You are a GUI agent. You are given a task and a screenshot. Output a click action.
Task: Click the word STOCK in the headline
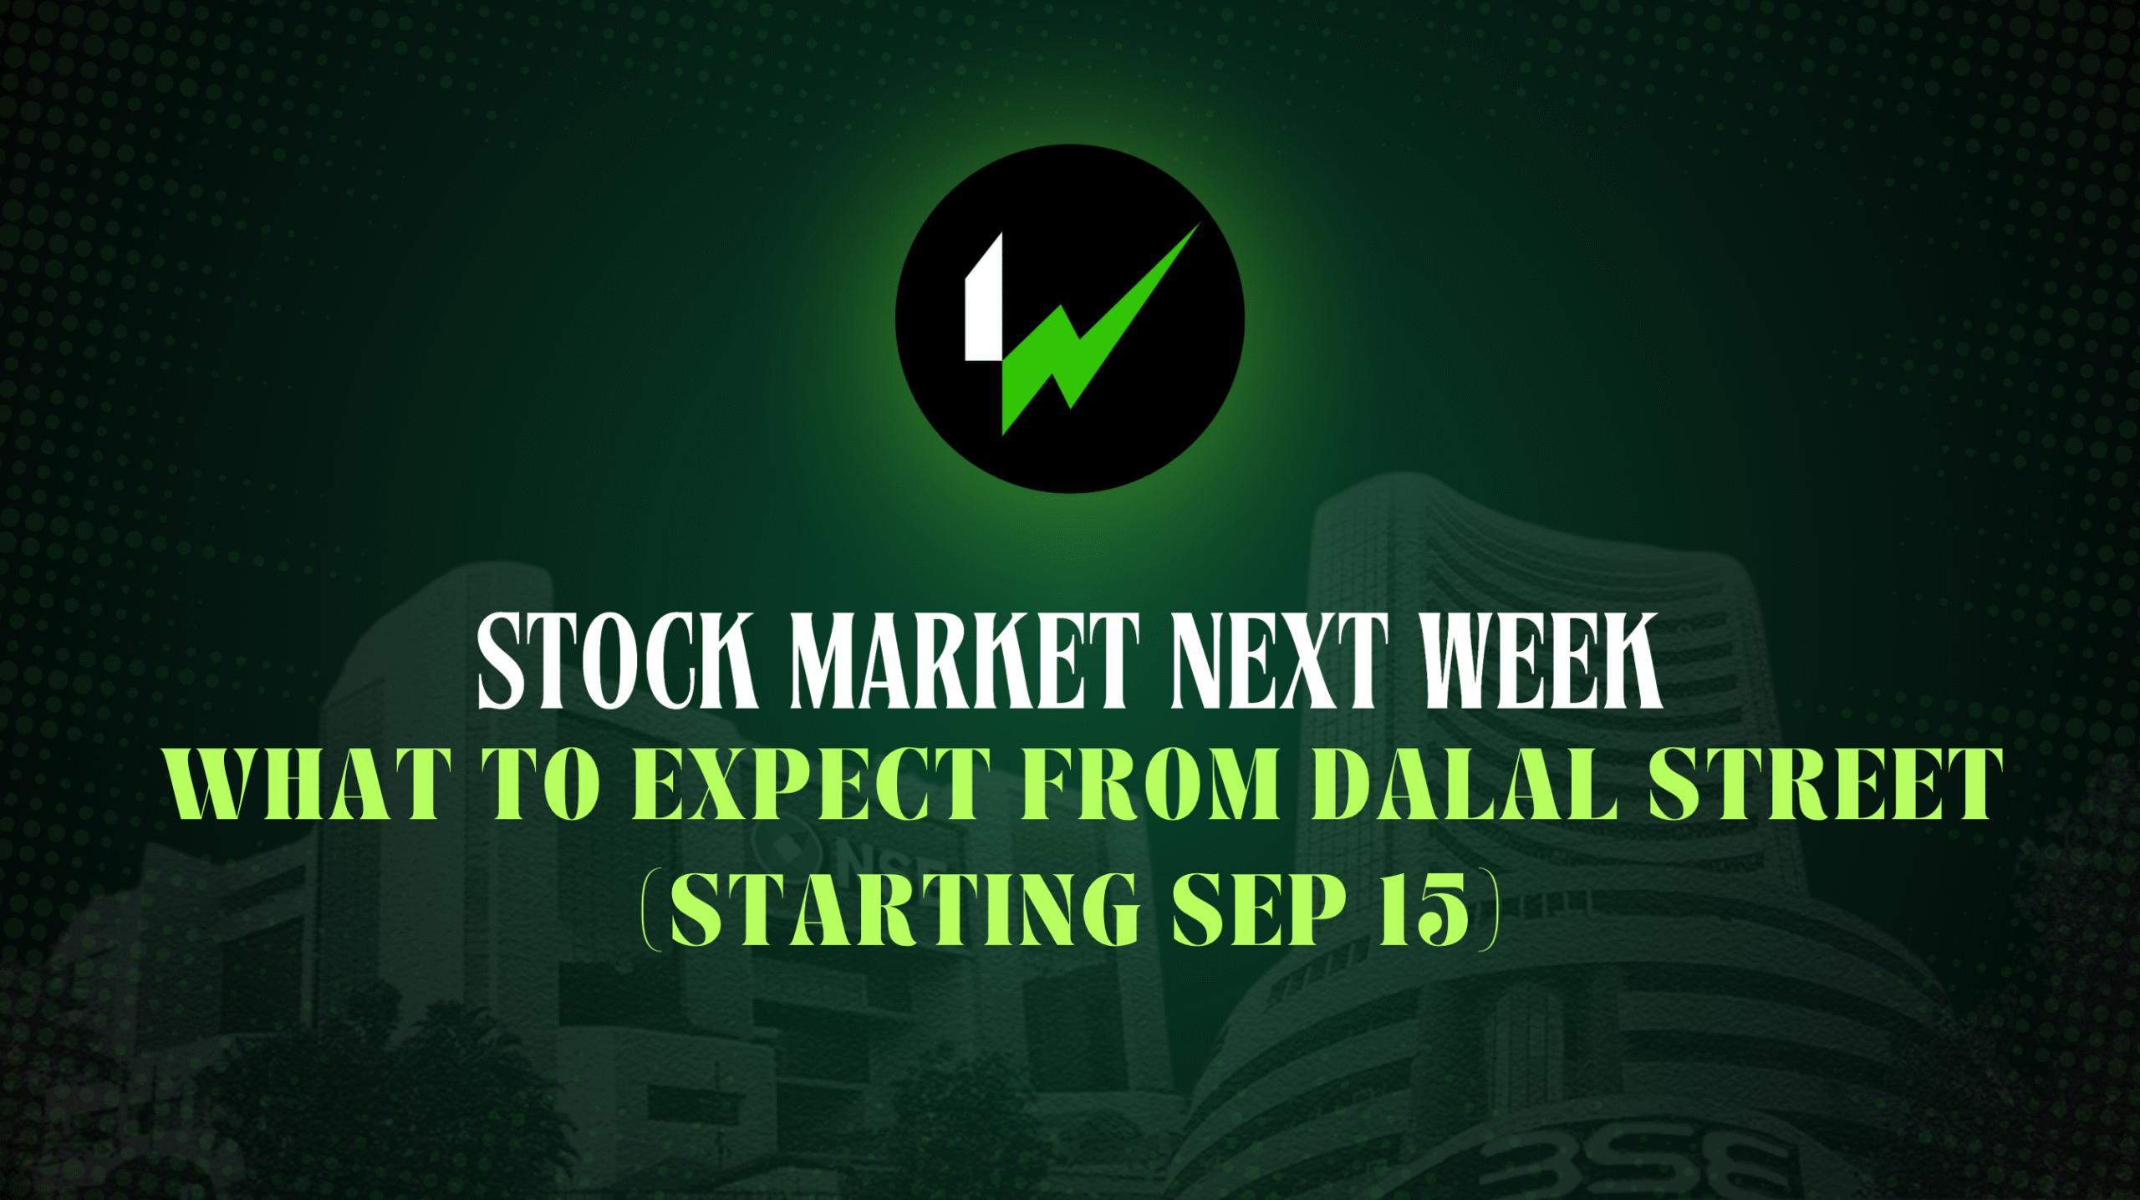(x=617, y=661)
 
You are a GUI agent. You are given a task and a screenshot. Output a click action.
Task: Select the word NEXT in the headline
(x=1280, y=661)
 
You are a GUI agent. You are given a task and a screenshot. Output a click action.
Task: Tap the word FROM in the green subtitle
(x=1150, y=784)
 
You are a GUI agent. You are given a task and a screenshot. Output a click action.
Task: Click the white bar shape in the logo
(x=984, y=297)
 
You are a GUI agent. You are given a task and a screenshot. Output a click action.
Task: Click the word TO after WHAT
(x=541, y=784)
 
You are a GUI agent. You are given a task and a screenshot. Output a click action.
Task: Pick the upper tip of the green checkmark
(x=1199, y=224)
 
